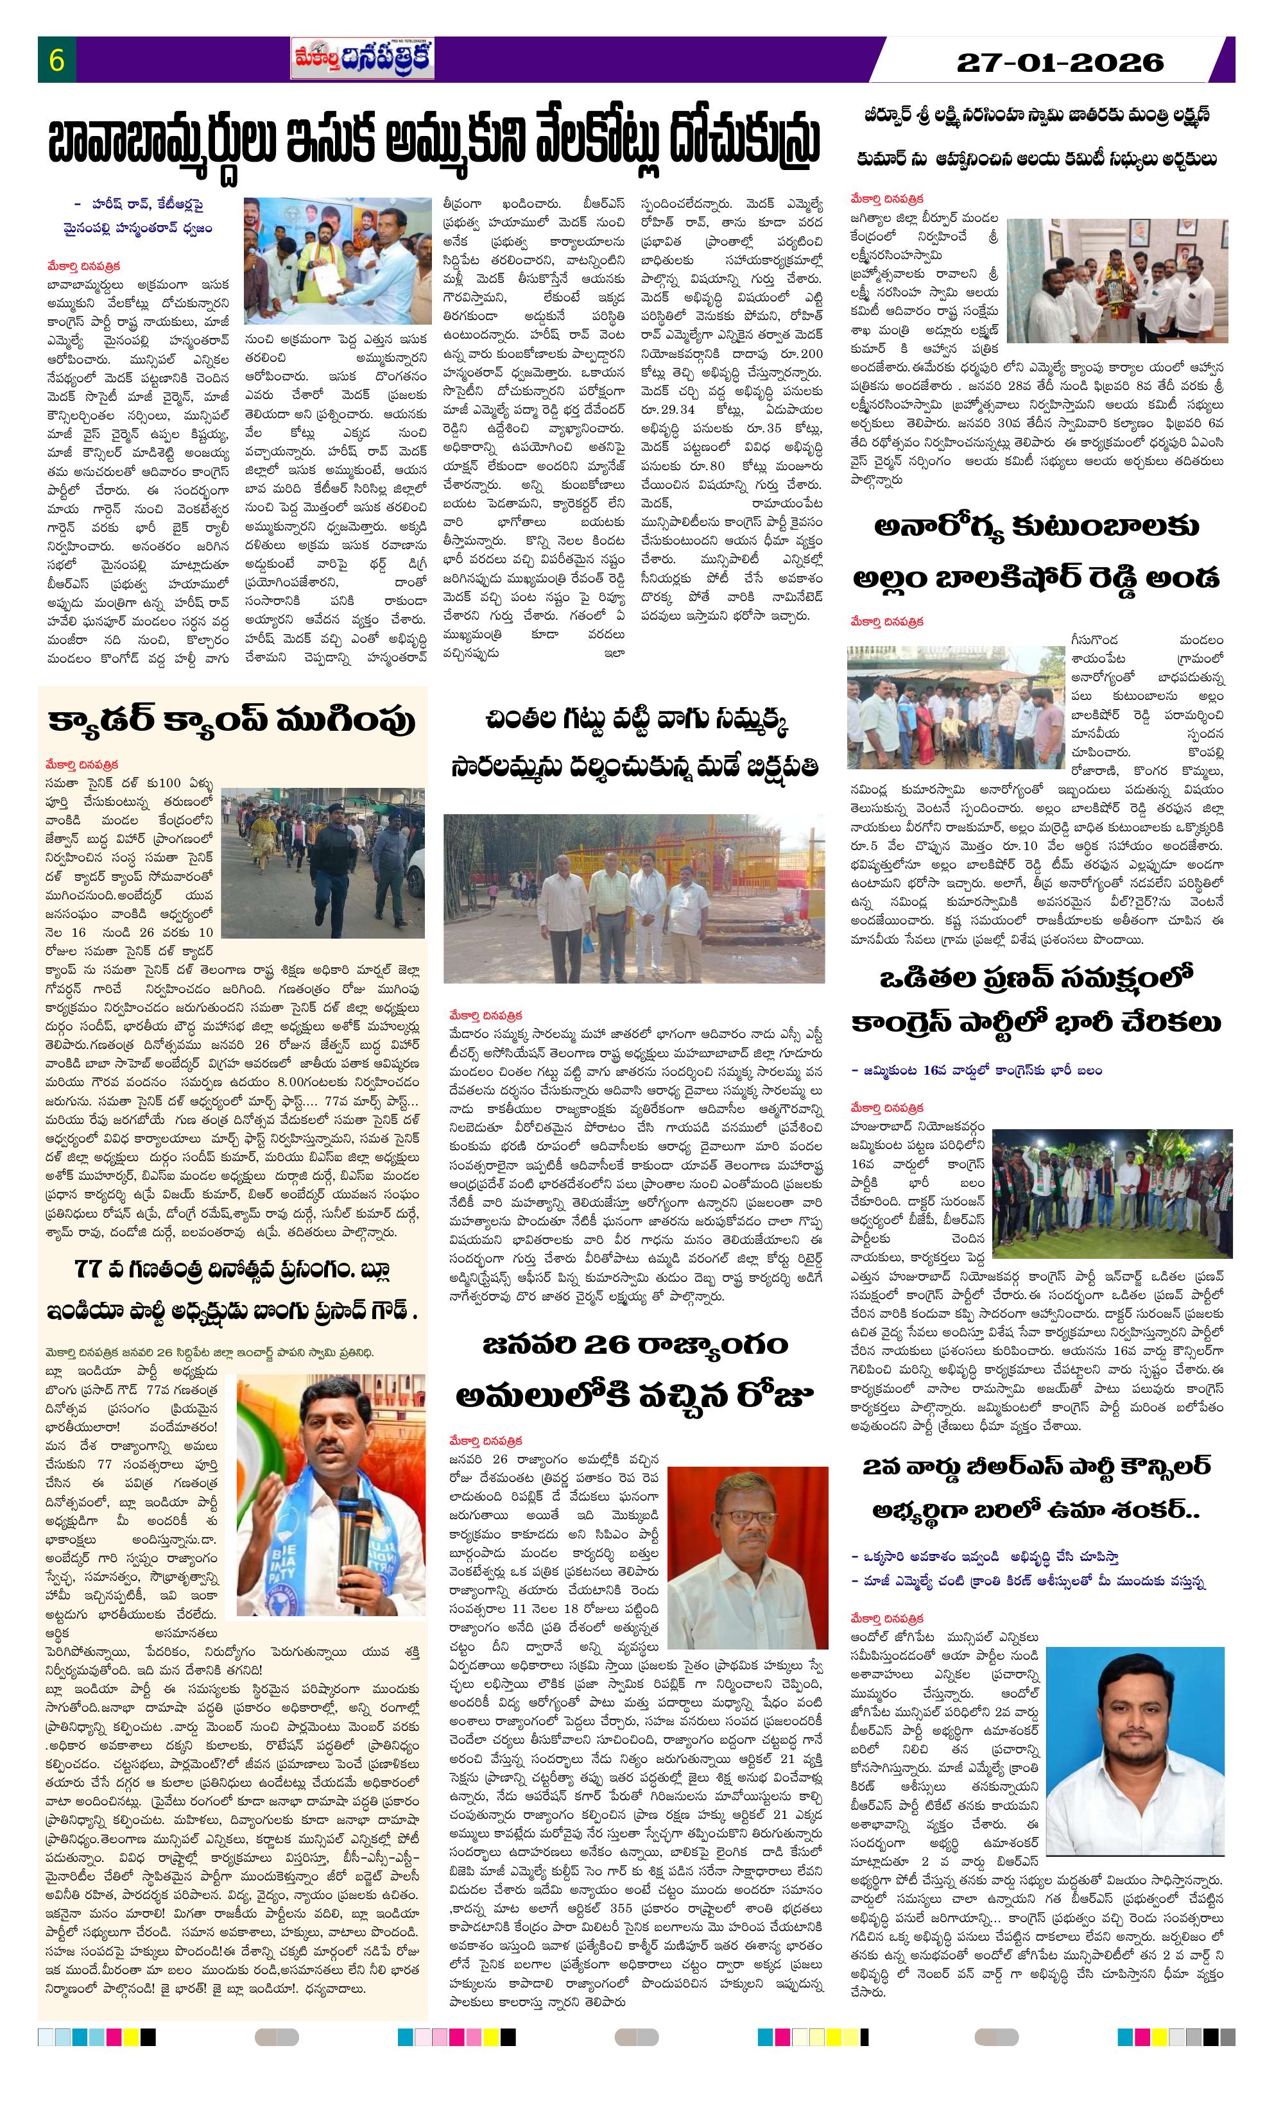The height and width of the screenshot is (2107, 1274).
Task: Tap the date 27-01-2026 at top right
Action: point(1060,62)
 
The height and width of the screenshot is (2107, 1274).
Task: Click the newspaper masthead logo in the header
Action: point(362,59)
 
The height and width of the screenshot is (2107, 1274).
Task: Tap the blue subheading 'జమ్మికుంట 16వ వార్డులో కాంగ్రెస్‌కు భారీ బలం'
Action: point(976,1070)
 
